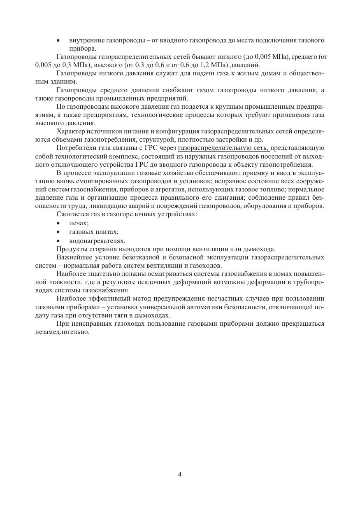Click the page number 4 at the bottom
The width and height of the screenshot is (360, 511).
(x=180, y=474)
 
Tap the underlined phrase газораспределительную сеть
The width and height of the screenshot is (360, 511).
(x=224, y=148)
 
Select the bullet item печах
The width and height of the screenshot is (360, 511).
(x=79, y=223)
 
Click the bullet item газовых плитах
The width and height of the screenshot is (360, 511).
(x=94, y=232)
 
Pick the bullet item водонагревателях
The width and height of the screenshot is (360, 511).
(x=97, y=241)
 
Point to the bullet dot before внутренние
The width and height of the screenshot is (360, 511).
(x=58, y=41)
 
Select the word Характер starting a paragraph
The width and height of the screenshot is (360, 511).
(x=70, y=131)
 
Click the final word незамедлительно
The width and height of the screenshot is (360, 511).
(x=62, y=332)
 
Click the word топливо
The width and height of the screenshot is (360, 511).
(x=272, y=189)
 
